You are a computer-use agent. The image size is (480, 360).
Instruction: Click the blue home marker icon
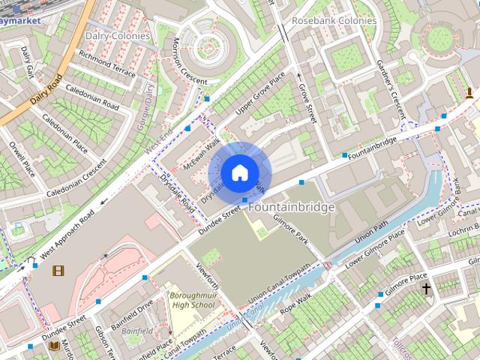pyautogui.click(x=239, y=172)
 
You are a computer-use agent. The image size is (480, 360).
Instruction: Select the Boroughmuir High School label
pyautogui.click(x=192, y=300)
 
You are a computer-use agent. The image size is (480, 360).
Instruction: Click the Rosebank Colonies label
pyautogui.click(x=334, y=21)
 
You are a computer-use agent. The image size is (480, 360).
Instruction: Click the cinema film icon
pyautogui.click(x=58, y=270)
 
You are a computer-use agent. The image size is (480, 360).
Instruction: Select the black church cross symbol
pyautogui.click(x=426, y=288)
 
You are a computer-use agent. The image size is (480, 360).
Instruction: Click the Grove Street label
pyautogui.click(x=307, y=103)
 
